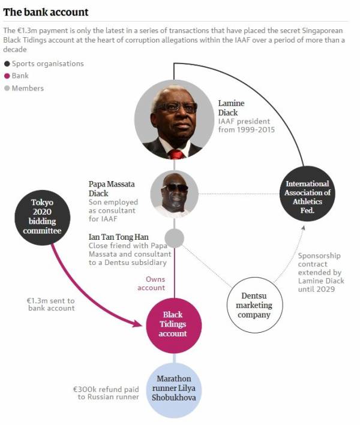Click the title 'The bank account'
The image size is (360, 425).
coord(46,12)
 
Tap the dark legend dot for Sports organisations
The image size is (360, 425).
coord(7,64)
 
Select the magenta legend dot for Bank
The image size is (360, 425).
coord(7,76)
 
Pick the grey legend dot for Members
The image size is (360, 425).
coord(7,88)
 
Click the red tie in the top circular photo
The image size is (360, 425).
coord(176,154)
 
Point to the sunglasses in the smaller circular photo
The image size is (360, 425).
coord(175,188)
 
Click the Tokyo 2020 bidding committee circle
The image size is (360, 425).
coord(43,218)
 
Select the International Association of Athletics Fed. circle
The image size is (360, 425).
coord(307,194)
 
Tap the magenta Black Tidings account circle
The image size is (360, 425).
coord(174,325)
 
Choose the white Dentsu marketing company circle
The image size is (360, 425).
coord(254,305)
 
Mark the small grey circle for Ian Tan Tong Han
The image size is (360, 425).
coord(175,238)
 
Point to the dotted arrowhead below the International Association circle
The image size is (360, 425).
coord(304,228)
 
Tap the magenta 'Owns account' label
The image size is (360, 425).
coord(151,284)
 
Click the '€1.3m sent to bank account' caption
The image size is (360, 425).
coord(51,305)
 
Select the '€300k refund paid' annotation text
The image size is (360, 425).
coord(106,390)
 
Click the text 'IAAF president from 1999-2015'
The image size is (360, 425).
coord(247,125)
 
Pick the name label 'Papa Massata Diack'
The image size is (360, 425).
coord(112,189)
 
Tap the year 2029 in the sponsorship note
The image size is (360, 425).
coord(325,289)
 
